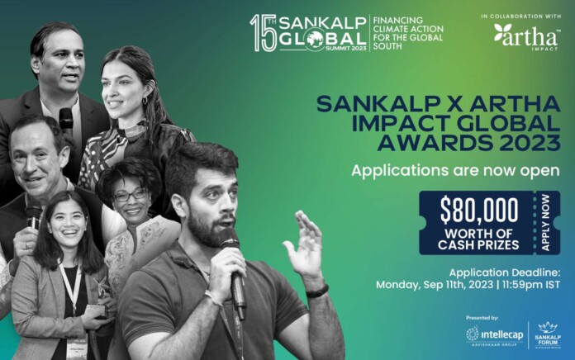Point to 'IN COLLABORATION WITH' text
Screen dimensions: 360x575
518,16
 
